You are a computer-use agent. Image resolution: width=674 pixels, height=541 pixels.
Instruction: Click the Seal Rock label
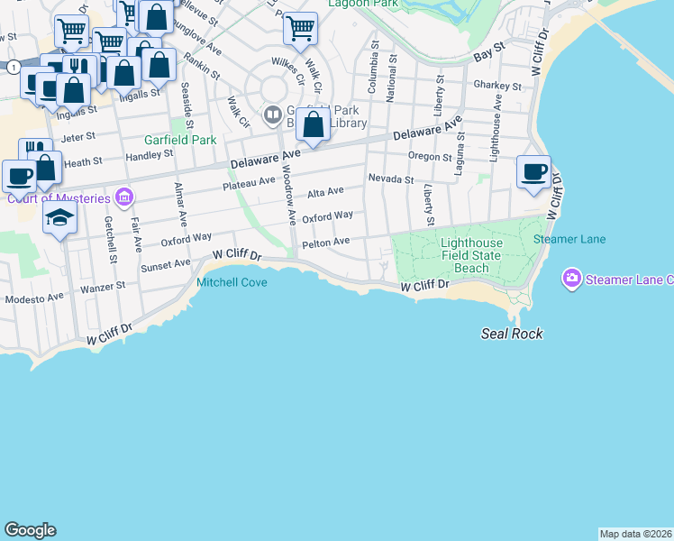510,334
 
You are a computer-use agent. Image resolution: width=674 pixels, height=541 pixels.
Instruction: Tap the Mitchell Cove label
232,281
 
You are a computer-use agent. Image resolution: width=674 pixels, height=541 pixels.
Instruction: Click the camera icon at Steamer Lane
570,279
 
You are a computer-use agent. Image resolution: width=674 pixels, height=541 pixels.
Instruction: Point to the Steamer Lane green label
569,239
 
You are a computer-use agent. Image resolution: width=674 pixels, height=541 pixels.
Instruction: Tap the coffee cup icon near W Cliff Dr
533,170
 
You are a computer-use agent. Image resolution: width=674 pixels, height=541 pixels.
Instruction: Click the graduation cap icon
60,218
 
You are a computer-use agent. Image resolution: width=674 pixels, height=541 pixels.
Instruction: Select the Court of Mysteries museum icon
124,197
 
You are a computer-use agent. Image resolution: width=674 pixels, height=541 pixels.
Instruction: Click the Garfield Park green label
180,140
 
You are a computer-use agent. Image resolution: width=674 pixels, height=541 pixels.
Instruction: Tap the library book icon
271,115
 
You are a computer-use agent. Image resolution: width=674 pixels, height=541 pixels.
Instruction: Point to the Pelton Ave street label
325,243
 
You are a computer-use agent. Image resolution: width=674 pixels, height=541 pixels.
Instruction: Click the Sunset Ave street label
166,265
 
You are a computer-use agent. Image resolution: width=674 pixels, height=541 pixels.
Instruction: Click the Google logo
30,530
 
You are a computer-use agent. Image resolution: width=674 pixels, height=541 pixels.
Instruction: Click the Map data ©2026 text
635,534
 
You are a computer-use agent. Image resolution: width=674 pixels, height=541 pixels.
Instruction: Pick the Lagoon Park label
364,4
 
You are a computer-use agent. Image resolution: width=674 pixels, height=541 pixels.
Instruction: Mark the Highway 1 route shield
14,68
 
